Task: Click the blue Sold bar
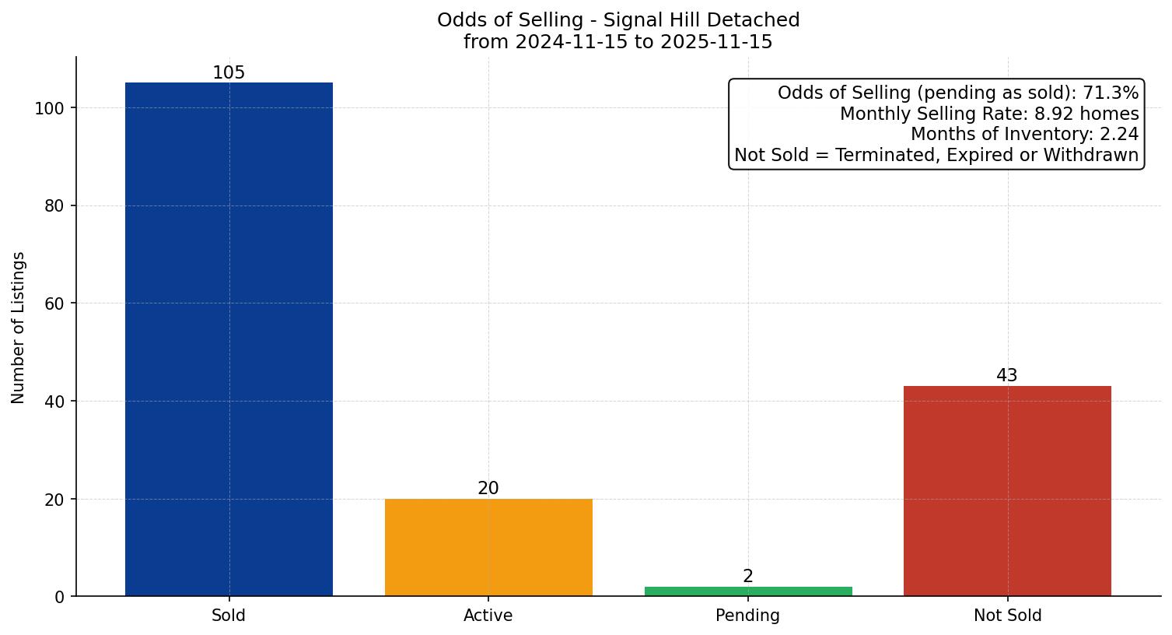pyautogui.click(x=229, y=339)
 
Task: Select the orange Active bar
pyautogui.click(x=488, y=547)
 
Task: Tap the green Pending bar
pyautogui.click(x=748, y=591)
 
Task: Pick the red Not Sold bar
pyautogui.click(x=1007, y=491)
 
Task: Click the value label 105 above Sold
pyautogui.click(x=229, y=73)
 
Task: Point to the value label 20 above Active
pyautogui.click(x=488, y=489)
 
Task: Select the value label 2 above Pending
pyautogui.click(x=748, y=577)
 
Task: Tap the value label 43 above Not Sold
pyautogui.click(x=1007, y=376)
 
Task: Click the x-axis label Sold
pyautogui.click(x=229, y=616)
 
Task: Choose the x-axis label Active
pyautogui.click(x=488, y=616)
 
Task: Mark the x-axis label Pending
pyautogui.click(x=748, y=616)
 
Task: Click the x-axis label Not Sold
pyautogui.click(x=1007, y=616)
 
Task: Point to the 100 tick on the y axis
pyautogui.click(x=49, y=108)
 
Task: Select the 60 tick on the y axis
pyautogui.click(x=54, y=303)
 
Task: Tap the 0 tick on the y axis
pyautogui.click(x=59, y=597)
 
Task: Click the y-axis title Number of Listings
pyautogui.click(x=19, y=328)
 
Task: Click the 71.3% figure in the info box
pyautogui.click(x=1111, y=93)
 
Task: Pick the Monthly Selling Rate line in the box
pyautogui.click(x=989, y=114)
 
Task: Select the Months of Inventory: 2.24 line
pyautogui.click(x=1024, y=135)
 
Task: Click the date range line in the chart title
pyautogui.click(x=618, y=42)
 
